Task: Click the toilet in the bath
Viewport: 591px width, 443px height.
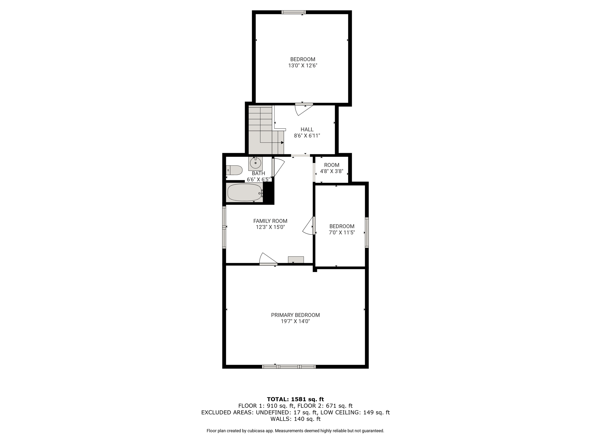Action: (x=234, y=170)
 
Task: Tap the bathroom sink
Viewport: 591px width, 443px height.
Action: (x=255, y=163)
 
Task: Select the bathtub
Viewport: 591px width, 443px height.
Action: (x=245, y=192)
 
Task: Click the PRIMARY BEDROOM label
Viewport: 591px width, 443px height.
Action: (x=295, y=315)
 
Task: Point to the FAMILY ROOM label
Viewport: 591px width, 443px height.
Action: (x=270, y=221)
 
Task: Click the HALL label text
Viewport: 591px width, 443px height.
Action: (x=307, y=129)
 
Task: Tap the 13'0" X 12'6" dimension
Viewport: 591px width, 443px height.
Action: (x=303, y=65)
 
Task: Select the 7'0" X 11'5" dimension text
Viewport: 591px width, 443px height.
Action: (x=342, y=232)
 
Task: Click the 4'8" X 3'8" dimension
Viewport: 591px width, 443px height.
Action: (x=332, y=171)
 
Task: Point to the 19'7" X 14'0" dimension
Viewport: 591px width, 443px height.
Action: (x=295, y=321)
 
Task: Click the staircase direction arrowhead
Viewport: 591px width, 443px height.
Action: (x=282, y=142)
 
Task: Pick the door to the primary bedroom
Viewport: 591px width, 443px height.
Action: (x=268, y=259)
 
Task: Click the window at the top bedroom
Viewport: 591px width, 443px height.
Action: (x=293, y=12)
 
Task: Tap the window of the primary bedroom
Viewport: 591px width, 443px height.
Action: (x=289, y=367)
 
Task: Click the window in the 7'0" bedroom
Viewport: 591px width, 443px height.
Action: (x=367, y=232)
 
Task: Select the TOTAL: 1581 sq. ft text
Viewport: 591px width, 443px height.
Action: (x=295, y=399)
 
